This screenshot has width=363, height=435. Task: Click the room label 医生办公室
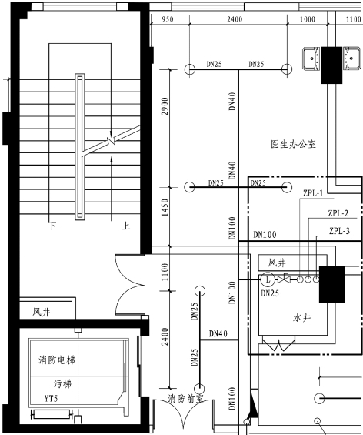pyautogui.click(x=293, y=144)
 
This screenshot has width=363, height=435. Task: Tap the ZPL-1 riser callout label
pyautogui.click(x=313, y=193)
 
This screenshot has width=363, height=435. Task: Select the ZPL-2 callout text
pyautogui.click(x=338, y=213)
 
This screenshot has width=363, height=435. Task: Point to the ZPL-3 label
pyautogui.click(x=339, y=231)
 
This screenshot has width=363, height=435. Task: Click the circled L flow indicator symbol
pyautogui.click(x=268, y=279)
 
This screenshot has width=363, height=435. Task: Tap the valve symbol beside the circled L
pyautogui.click(x=284, y=279)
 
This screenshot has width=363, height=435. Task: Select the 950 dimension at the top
pyautogui.click(x=168, y=19)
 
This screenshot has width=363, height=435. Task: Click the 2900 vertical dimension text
pyautogui.click(x=165, y=106)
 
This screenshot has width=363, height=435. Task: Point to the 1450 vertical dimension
pyautogui.click(x=165, y=208)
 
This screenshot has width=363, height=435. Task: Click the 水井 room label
pyautogui.click(x=301, y=318)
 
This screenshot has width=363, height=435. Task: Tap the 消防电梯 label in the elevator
pyautogui.click(x=57, y=360)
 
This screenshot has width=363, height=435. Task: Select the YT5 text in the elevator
pyautogui.click(x=51, y=399)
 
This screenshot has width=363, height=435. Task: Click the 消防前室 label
pyautogui.click(x=185, y=399)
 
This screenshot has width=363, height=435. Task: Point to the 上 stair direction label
pyautogui.click(x=126, y=226)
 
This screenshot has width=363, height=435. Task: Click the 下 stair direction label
pyautogui.click(x=53, y=226)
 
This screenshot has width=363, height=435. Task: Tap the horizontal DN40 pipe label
pyautogui.click(x=218, y=333)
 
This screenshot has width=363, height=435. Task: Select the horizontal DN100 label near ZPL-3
pyautogui.click(x=265, y=235)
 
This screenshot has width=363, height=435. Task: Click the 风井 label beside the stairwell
pyautogui.click(x=42, y=312)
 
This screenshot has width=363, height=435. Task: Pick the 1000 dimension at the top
pyautogui.click(x=308, y=19)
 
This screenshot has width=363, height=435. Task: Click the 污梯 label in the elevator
pyautogui.click(x=62, y=384)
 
